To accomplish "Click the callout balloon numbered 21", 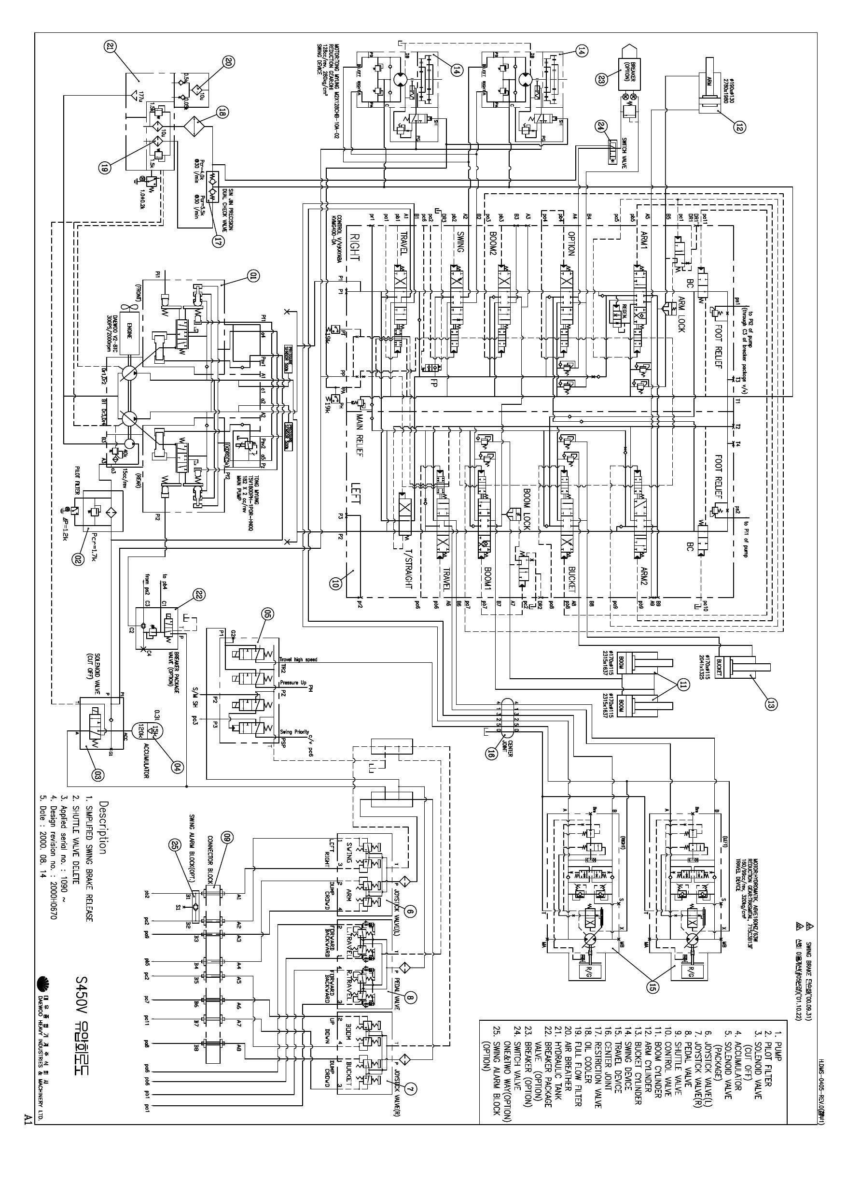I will [x=111, y=46].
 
